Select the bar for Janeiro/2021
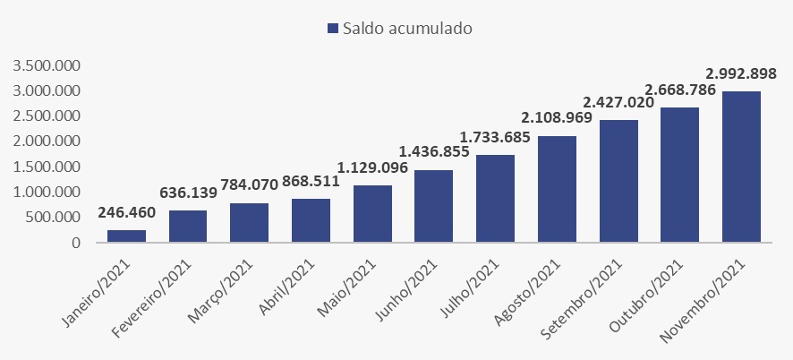click(126, 236)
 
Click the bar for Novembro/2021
click(741, 167)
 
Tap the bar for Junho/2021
click(433, 206)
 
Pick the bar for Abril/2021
click(311, 220)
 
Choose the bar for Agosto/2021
click(557, 189)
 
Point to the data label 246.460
click(127, 212)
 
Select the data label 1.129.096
click(372, 167)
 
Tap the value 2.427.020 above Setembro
click(618, 102)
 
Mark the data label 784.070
click(250, 185)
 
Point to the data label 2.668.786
click(680, 90)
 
